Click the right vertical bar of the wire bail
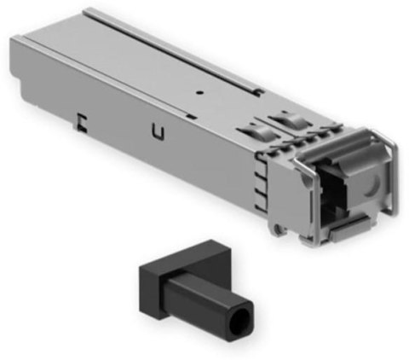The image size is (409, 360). point(391,175)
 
